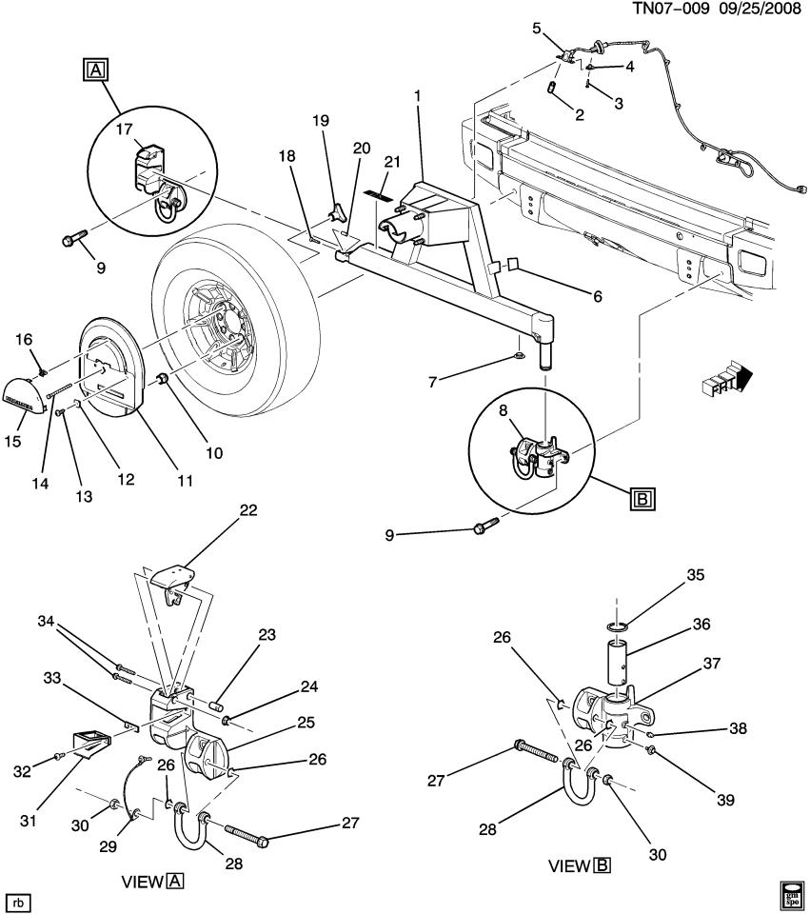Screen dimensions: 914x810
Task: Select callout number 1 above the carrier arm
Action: pyautogui.click(x=416, y=96)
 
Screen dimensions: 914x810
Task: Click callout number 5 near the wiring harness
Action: pyautogui.click(x=536, y=28)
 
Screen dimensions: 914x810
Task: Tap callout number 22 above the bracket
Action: pyautogui.click(x=248, y=510)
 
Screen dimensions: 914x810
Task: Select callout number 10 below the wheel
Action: pyautogui.click(x=214, y=453)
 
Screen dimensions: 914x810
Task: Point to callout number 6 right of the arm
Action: pyautogui.click(x=598, y=297)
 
